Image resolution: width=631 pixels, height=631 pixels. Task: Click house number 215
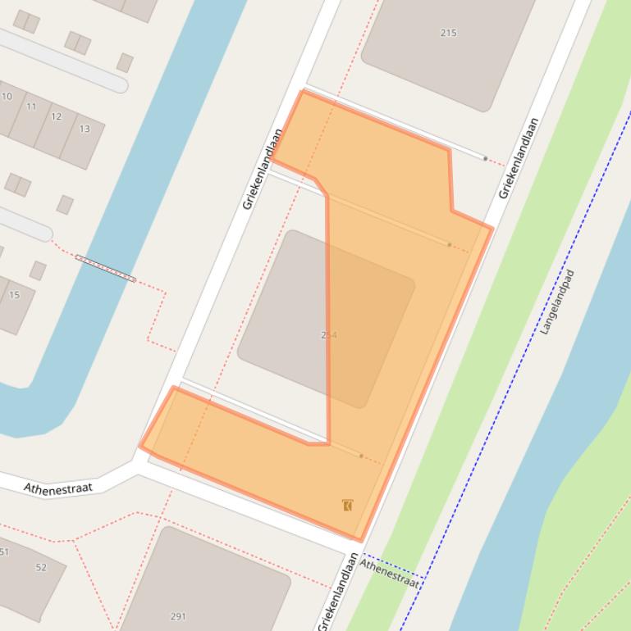pos(448,33)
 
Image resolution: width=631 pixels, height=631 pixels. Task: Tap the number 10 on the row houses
pos(7,97)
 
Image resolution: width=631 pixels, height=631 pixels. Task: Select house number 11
pos(31,107)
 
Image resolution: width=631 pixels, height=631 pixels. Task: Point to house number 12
pos(57,116)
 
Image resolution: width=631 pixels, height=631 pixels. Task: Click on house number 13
pos(85,129)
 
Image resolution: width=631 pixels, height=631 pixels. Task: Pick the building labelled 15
pos(14,295)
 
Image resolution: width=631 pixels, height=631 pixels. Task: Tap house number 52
pos(41,567)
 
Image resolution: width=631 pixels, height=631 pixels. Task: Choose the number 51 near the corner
pos(4,552)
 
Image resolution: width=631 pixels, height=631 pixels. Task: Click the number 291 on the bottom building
pos(178,616)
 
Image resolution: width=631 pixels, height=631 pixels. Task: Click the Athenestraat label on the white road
pos(57,488)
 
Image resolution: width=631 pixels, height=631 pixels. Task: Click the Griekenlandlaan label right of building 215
pos(519,158)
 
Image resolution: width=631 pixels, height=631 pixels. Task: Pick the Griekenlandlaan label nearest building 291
pos(338,591)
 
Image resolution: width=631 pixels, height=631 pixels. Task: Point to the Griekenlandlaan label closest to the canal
pos(263,169)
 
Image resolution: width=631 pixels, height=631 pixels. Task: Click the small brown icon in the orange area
pos(348,505)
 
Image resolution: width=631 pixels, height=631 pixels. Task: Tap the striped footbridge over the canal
pos(105,268)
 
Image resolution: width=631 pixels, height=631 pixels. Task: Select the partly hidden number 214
pos(329,335)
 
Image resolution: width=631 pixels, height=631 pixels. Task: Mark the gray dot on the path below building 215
pos(485,158)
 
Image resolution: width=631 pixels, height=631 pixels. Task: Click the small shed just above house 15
pos(38,270)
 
